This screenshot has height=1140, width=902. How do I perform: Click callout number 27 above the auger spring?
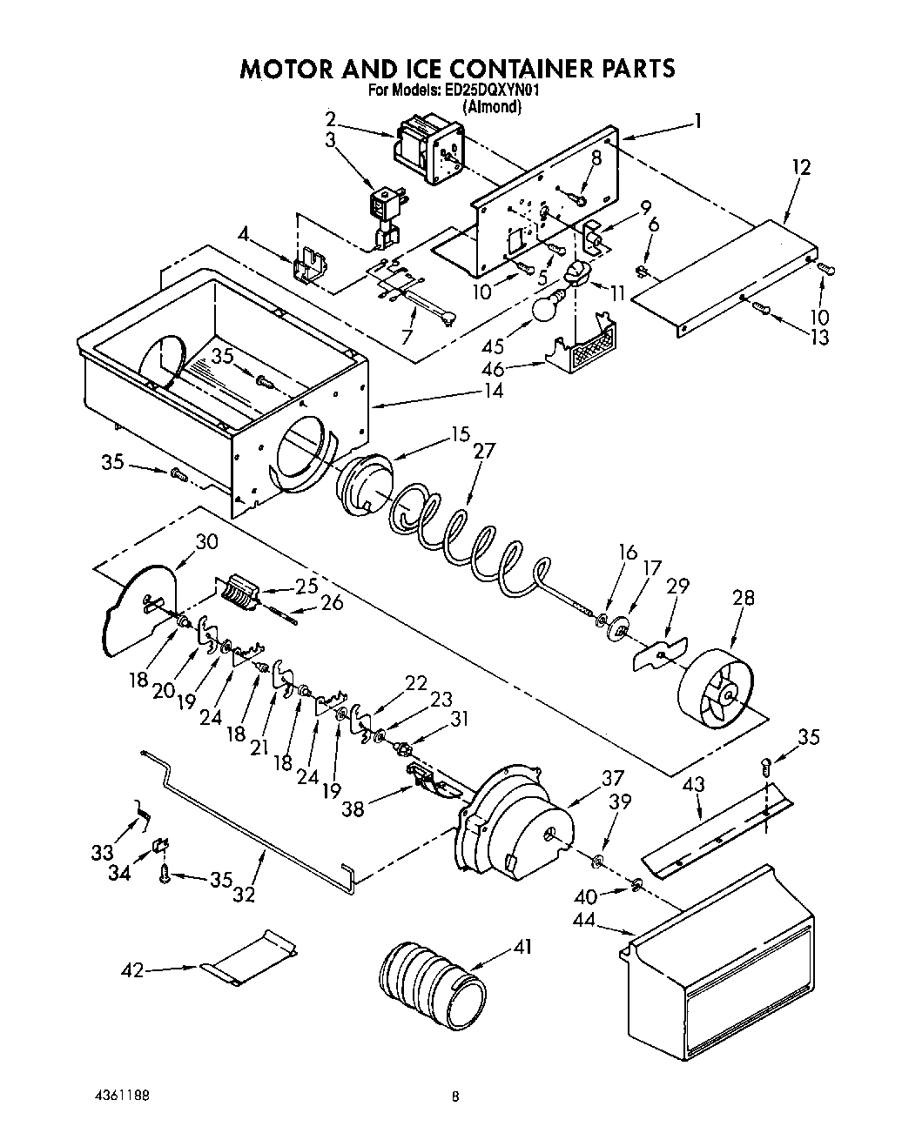tap(484, 452)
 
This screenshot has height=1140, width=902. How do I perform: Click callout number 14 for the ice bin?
tap(494, 391)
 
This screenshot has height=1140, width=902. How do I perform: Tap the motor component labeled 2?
tap(429, 154)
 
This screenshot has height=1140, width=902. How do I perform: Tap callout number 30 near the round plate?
tap(206, 541)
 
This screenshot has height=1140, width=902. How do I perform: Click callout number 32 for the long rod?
tap(245, 893)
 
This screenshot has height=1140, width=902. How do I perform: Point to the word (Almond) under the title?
tap(492, 107)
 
